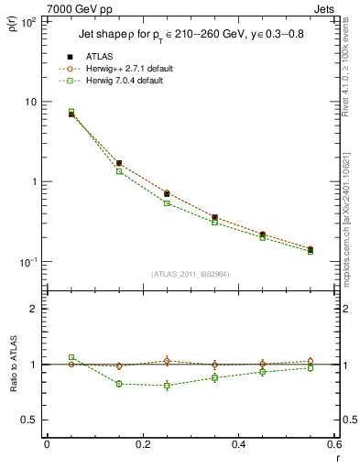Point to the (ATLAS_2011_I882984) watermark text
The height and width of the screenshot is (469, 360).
(x=191, y=274)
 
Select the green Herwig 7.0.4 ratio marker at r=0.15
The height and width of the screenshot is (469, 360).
(x=119, y=384)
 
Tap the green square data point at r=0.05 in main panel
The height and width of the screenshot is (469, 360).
(x=71, y=112)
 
